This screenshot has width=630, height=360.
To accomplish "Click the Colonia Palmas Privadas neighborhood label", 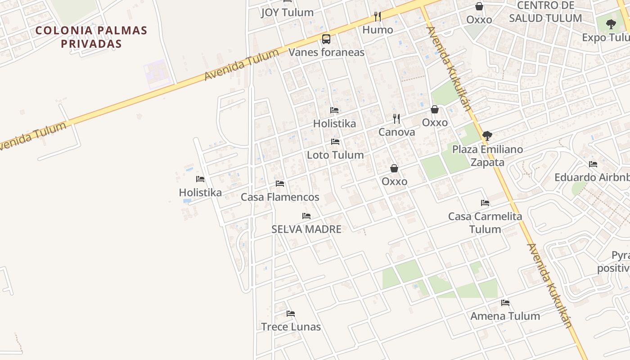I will pos(91,37).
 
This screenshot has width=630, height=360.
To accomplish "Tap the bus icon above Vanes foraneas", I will pos(326,39).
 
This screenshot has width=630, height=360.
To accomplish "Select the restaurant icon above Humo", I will pos(378,17).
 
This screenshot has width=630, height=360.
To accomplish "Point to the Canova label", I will pos(396,132).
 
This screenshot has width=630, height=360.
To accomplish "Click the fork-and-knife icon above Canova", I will pos(396,119).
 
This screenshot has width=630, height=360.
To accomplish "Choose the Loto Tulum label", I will pos(335,155).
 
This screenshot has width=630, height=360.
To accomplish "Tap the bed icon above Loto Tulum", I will pos(335,142).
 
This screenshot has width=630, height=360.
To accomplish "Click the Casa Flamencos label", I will pos(280,197).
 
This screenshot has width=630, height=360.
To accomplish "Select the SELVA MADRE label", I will pos(306,229).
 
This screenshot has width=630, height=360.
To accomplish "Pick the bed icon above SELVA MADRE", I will pos(306,216).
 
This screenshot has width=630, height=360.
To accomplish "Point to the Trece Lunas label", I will pos(291,327).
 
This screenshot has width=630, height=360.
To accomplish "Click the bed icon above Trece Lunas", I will pos(291,314).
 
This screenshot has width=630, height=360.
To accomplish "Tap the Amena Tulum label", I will pos(505,316).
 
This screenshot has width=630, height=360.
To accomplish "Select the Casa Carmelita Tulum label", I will pos(485,223).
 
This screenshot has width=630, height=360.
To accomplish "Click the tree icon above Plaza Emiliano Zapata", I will pos(487,135).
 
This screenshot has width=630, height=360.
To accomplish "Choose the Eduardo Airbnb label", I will pos(592,177).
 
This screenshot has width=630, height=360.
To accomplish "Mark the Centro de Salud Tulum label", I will pos(545,12).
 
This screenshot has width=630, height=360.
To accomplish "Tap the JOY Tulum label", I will pos(287,12).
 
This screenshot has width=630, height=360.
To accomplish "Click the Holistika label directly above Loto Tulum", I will pos(334,123).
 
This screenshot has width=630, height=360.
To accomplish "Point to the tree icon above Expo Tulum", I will pos(611,24).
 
